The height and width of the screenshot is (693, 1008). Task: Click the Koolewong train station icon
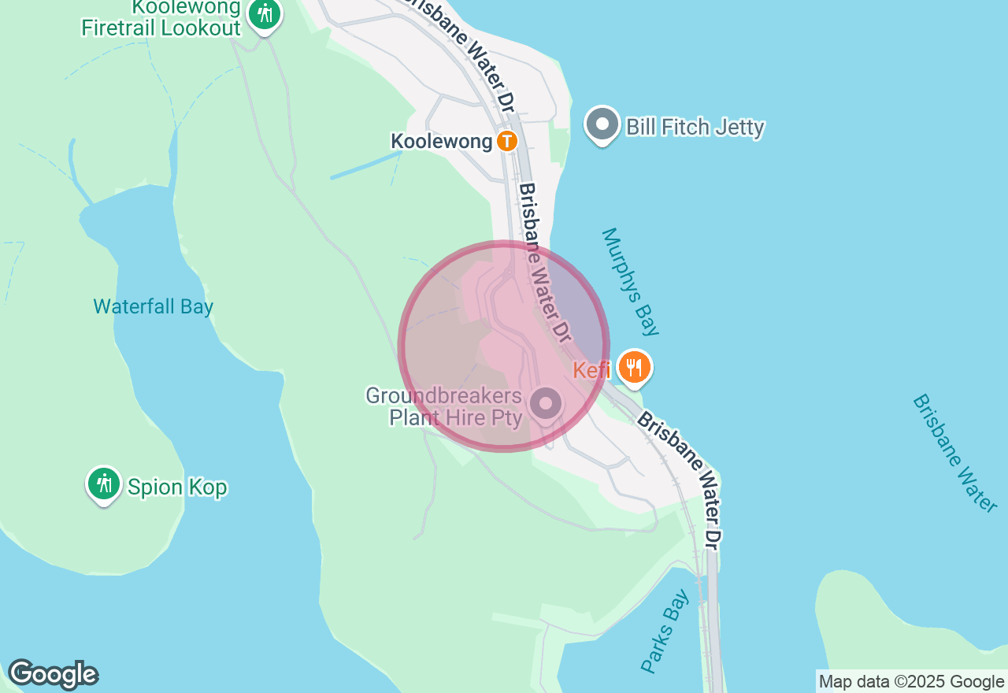pyautogui.click(x=507, y=142)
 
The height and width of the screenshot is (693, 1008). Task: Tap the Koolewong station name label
pyautogui.click(x=443, y=142)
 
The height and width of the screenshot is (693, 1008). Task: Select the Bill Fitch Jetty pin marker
pyautogui.click(x=602, y=124)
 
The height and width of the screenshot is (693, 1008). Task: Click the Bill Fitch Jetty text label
pyautogui.click(x=695, y=127)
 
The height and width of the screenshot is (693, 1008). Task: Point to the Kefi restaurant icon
pyautogui.click(x=634, y=367)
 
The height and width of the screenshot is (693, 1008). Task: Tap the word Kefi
pyautogui.click(x=591, y=369)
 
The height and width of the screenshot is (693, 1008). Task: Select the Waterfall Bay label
pyautogui.click(x=153, y=306)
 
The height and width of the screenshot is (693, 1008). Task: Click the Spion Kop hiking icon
pyautogui.click(x=103, y=484)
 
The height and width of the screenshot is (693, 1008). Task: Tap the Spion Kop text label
pyautogui.click(x=177, y=487)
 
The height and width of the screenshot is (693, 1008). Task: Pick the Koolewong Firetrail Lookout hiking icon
pyautogui.click(x=265, y=14)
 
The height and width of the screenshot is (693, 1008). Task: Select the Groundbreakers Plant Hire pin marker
pyautogui.click(x=545, y=404)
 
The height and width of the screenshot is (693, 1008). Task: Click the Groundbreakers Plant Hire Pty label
pyautogui.click(x=444, y=406)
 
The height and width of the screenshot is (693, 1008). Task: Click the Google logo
pyautogui.click(x=53, y=674)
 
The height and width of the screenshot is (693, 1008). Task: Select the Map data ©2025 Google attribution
pyautogui.click(x=911, y=682)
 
